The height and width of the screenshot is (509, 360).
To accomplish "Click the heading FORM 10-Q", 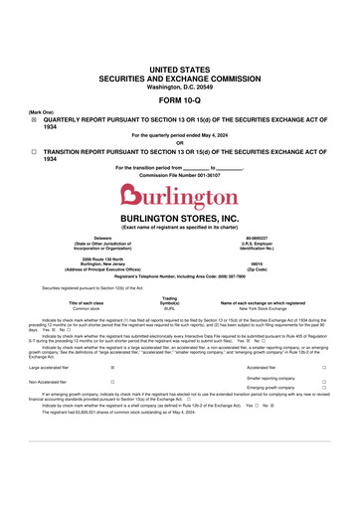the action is point(179,101).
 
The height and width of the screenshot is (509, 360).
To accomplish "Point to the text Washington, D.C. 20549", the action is point(179,87).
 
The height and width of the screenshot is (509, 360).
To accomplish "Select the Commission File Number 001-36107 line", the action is point(179,175).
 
